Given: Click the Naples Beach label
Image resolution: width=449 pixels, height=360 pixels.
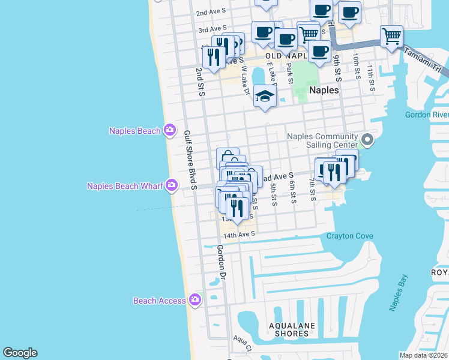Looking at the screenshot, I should click(x=134, y=131).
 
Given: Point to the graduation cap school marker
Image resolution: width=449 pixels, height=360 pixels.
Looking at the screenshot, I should click(x=265, y=96).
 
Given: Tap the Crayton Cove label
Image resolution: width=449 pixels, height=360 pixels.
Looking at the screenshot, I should click(x=349, y=236).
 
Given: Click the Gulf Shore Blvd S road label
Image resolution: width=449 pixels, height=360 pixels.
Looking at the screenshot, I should click(x=190, y=161).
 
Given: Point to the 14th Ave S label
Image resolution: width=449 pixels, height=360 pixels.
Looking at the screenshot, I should click(x=240, y=234).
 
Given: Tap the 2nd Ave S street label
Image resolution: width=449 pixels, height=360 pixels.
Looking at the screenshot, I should click(x=211, y=12).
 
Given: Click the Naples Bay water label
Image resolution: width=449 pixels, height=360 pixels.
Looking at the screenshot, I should click(x=399, y=293).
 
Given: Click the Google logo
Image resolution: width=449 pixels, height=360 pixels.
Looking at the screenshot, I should click(x=20, y=353).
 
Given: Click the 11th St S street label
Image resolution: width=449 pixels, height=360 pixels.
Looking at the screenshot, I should click(x=372, y=79).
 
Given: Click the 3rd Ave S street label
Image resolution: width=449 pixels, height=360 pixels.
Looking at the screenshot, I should click(x=212, y=29).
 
